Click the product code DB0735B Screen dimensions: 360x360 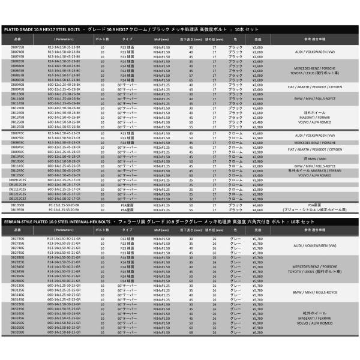17,46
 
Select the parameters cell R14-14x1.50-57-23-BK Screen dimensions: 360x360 64,74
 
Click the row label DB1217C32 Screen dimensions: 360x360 17,199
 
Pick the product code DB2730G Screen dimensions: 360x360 17,239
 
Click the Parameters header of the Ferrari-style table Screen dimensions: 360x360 64,230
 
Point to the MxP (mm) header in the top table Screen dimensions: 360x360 152,38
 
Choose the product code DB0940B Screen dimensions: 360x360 17,84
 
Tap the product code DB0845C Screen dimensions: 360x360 17,142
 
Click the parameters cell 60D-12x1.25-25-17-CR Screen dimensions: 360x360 64,179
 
